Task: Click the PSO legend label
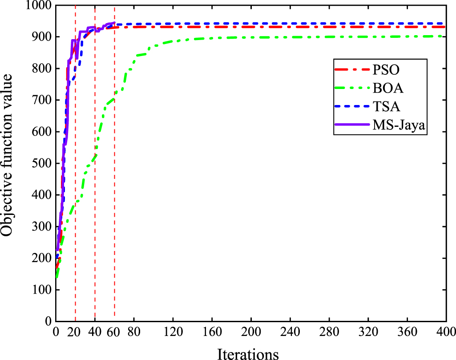click(x=385, y=69)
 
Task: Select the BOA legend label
click(x=387, y=89)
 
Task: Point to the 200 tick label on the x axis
click(x=251, y=332)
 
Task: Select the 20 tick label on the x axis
click(x=76, y=332)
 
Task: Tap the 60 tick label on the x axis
click(x=114, y=332)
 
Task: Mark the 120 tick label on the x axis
click(x=173, y=332)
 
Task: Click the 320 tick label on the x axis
click(x=368, y=332)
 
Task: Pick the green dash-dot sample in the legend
click(x=353, y=89)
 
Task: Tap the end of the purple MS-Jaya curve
click(x=114, y=23)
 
